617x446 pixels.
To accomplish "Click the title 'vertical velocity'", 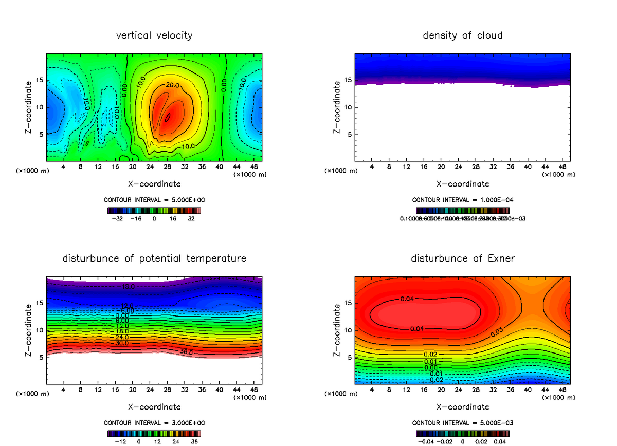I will pos(154,35).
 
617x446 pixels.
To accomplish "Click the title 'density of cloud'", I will pos(462,35).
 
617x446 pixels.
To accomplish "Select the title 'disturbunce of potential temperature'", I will pos(154,258).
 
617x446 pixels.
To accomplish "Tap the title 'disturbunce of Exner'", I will pos(462,258).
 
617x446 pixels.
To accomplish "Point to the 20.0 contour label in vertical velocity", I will pos(172,85).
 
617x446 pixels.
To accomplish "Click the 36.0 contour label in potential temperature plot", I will pos(187,352).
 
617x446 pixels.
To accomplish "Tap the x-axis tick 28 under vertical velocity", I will pos(168,167).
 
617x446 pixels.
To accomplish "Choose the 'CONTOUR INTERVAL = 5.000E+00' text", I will pos(154,200).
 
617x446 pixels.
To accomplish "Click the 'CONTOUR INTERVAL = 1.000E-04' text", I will pos(462,200).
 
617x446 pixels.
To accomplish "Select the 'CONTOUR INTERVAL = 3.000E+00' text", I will pos(154,423).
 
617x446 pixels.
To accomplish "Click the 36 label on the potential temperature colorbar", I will pos(194,441).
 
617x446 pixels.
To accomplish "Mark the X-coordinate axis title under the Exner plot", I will pos(462,406).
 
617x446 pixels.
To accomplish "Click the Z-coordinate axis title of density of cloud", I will pos(337,107).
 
